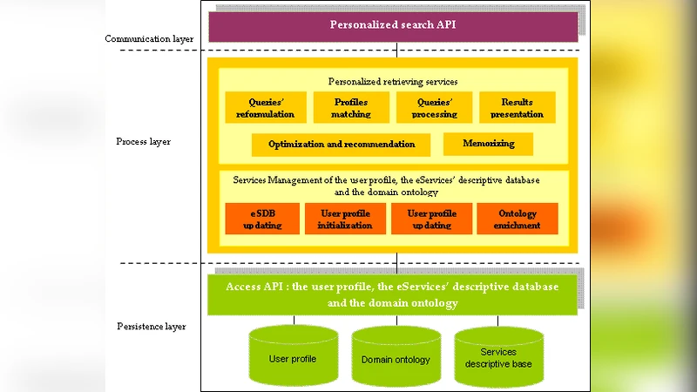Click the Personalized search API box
[x=392, y=25]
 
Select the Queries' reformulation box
[x=260, y=108]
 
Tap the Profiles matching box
[x=351, y=108]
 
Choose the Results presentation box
[x=517, y=108]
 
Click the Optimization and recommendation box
[x=342, y=144]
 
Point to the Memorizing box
[x=488, y=144]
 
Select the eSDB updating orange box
[x=261, y=220]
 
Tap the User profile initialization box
[x=345, y=220]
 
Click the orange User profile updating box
[x=432, y=220]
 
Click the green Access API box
[x=392, y=295]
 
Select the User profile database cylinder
[x=293, y=358]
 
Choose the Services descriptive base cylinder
[x=498, y=357]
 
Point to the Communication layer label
[x=149, y=38]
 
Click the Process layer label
[x=143, y=141]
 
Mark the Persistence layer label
[x=151, y=327]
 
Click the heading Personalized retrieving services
[x=393, y=82]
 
